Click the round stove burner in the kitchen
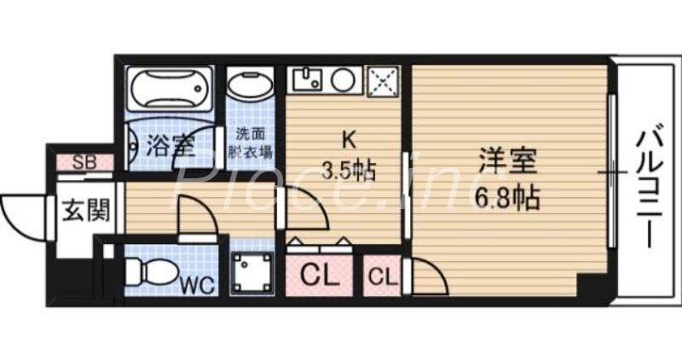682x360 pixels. [x=344, y=81]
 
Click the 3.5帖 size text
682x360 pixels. [x=348, y=169]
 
